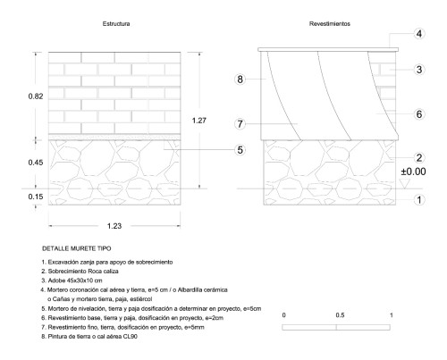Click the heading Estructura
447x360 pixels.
tap(116, 24)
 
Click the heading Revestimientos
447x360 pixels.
tap(330, 24)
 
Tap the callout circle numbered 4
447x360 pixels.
tap(419, 34)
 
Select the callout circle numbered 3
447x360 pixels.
tap(419, 70)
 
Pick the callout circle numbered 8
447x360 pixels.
tap(240, 80)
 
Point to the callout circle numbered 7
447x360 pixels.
tap(240, 123)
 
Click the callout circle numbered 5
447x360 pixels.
tap(240, 150)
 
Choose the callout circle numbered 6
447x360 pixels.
tap(419, 114)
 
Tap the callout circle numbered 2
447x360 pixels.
tap(419, 157)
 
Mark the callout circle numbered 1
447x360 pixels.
tap(419, 200)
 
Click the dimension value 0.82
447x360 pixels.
tap(36, 96)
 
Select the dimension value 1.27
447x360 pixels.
tap(198, 121)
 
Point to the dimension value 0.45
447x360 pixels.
tap(36, 163)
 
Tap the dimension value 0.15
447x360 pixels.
tap(36, 197)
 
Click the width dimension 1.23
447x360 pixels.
tap(114, 226)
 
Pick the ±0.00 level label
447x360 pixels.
tap(413, 172)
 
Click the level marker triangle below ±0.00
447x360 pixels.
tap(404, 184)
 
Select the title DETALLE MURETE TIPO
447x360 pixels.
tap(77, 248)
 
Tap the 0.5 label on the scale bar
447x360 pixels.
tap(340, 315)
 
